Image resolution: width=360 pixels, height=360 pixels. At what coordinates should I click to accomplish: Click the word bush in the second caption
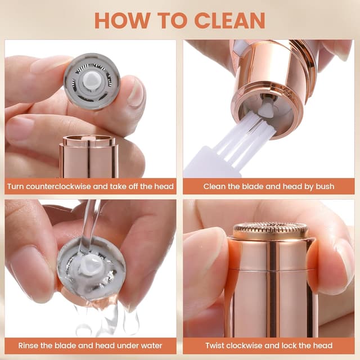point(325,186)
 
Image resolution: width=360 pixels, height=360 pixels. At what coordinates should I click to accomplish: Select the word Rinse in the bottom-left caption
point(28,345)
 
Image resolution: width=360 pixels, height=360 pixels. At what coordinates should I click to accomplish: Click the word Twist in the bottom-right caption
point(215,345)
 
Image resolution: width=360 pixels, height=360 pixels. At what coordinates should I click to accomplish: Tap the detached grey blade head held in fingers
point(91,81)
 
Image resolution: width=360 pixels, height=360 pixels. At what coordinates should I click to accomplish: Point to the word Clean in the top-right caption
point(214,186)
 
